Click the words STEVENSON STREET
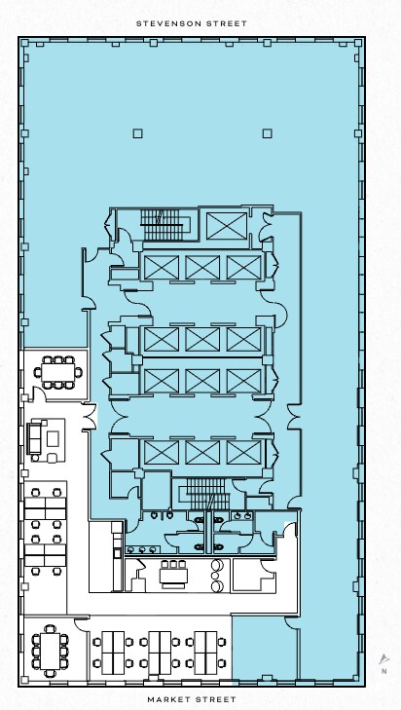pos(192,23)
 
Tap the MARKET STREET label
pos(192,699)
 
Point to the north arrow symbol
pos(384,658)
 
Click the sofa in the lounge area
pos(34,438)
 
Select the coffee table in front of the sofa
pos(53,438)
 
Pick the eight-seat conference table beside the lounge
pos(58,373)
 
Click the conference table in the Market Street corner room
pos(50,652)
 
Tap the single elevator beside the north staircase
pos(227,226)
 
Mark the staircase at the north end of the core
pos(162,225)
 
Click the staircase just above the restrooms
pos(206,494)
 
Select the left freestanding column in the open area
pos(138,133)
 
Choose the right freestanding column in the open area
pos(267,133)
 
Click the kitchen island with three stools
pos(174,574)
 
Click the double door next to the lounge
pos(91,416)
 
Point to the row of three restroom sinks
pos(142,549)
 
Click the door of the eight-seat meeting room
pos(40,393)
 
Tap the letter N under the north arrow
pos(384,671)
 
